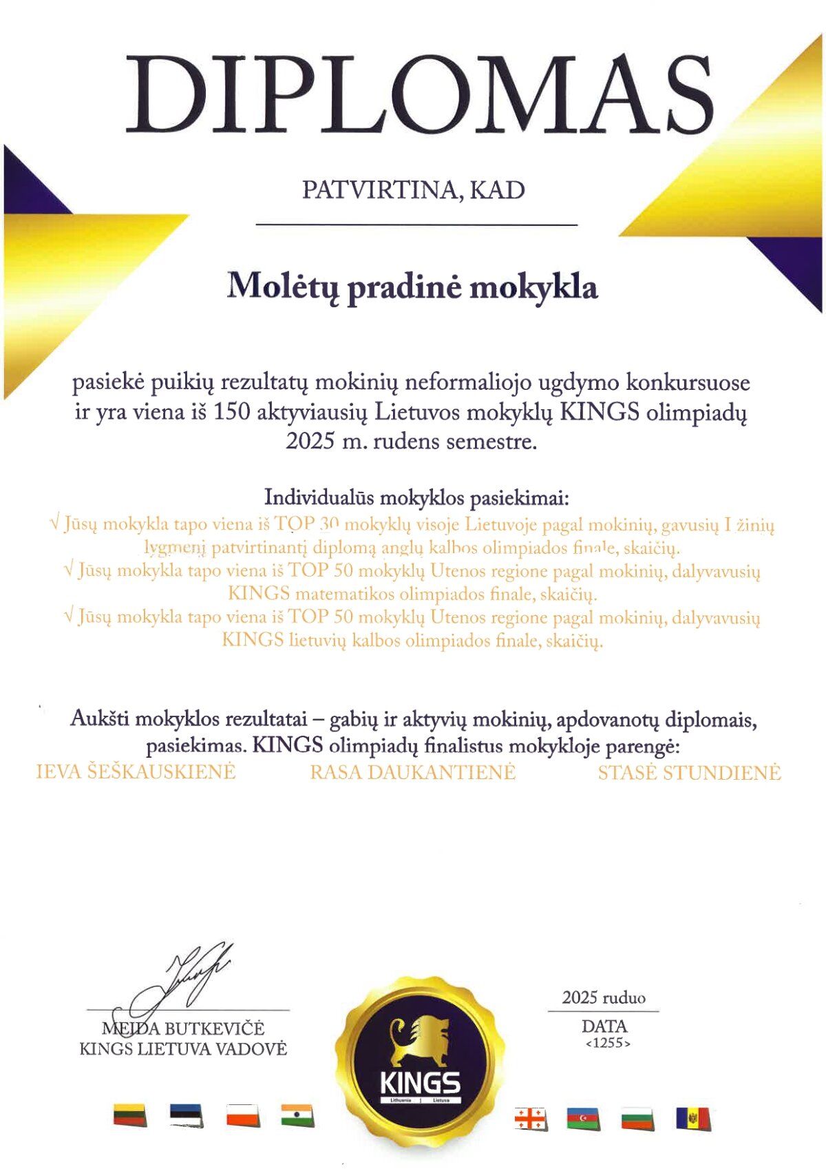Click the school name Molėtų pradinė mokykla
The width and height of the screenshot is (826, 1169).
[412, 287]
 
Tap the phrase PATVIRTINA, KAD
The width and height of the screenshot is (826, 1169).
[413, 189]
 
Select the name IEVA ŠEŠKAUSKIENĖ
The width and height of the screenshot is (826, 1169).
[136, 772]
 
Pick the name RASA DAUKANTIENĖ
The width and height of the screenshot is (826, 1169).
[412, 772]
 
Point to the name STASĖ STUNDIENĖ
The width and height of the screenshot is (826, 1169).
[689, 772]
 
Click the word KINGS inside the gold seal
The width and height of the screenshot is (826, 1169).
[420, 1083]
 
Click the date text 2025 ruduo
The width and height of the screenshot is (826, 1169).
[604, 997]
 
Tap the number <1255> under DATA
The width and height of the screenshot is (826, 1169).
[608, 1043]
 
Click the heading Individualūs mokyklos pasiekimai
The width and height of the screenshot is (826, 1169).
[416, 497]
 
